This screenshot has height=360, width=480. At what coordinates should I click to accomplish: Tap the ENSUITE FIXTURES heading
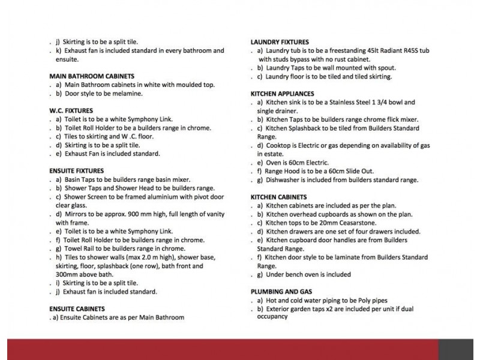[76, 171]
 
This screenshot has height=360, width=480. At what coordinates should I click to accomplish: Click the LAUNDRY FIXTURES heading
[280, 42]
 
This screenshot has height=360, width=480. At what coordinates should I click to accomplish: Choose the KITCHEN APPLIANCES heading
[282, 94]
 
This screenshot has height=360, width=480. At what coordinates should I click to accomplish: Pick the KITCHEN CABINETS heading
[278, 197]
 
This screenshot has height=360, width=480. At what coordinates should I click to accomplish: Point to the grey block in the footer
[458, 349]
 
